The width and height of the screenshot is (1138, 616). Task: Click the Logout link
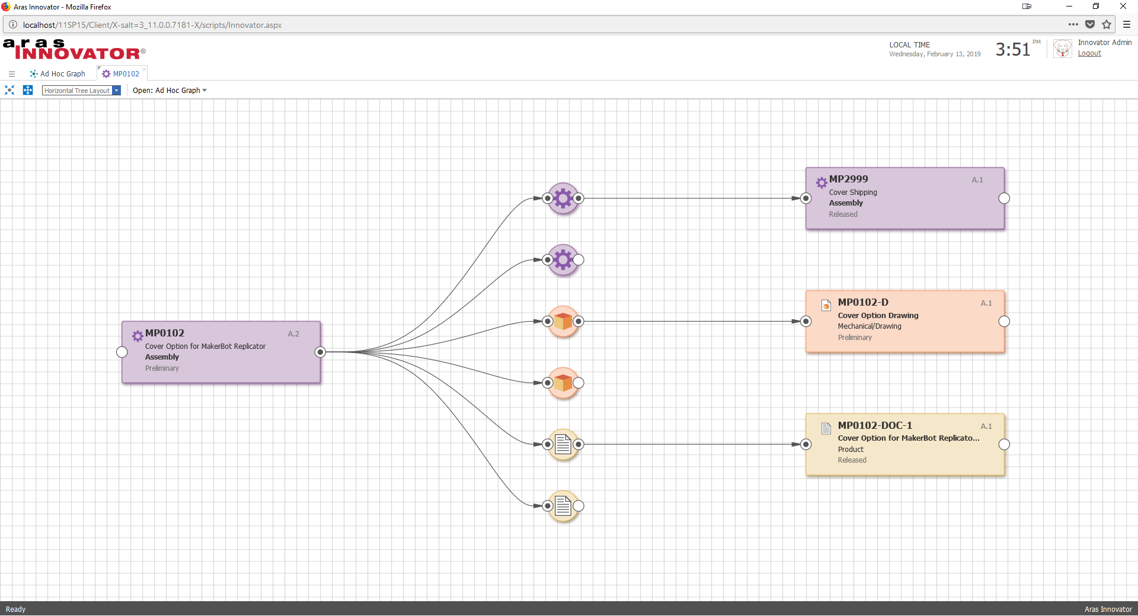click(1089, 53)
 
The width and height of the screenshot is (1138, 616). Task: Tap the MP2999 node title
click(848, 179)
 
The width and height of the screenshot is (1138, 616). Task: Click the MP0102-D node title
click(863, 302)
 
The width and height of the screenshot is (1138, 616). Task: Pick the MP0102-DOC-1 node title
click(875, 425)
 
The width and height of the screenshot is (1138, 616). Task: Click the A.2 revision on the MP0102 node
click(293, 334)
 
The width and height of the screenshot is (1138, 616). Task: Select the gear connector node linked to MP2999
click(563, 198)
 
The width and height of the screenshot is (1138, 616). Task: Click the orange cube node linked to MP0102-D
click(563, 322)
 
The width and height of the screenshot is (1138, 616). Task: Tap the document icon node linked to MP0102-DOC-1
click(563, 444)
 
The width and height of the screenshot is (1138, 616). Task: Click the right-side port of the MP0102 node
click(320, 352)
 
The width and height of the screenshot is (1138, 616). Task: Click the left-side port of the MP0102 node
click(122, 352)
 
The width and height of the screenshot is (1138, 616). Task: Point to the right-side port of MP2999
click(1004, 198)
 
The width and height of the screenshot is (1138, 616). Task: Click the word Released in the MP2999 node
click(843, 214)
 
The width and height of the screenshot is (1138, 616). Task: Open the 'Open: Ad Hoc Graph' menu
click(170, 91)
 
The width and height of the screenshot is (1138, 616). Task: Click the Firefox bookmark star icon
click(1107, 24)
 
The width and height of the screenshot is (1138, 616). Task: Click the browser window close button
click(1123, 7)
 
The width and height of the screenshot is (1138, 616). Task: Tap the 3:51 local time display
click(1013, 50)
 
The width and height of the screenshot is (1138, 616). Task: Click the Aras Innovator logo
click(73, 50)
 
